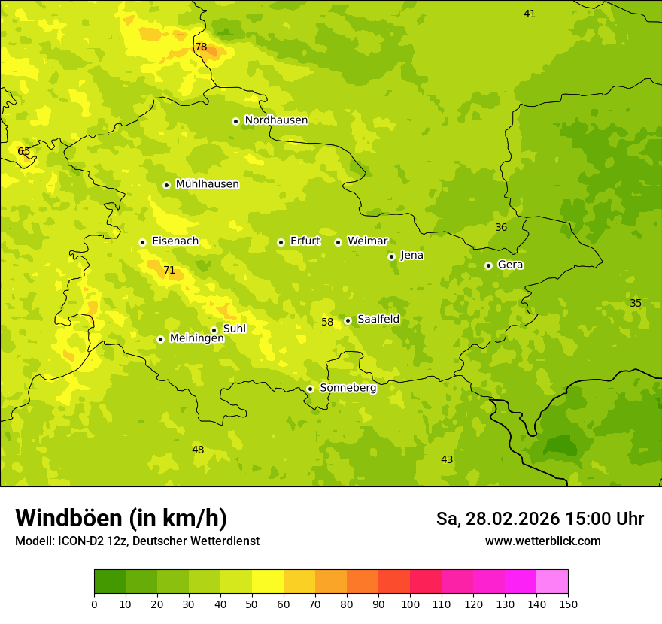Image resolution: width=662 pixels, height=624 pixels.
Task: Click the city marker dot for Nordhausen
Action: (x=235, y=121)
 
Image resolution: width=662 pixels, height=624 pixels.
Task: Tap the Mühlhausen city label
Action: (x=207, y=184)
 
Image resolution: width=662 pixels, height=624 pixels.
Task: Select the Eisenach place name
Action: (x=175, y=241)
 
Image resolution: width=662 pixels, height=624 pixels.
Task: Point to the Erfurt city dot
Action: (x=281, y=242)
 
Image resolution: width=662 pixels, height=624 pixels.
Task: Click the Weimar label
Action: (x=367, y=241)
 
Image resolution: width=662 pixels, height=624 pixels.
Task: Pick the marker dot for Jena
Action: (x=391, y=256)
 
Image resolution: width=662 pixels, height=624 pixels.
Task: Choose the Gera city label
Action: (x=510, y=265)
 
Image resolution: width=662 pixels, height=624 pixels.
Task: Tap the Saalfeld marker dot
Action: (x=348, y=320)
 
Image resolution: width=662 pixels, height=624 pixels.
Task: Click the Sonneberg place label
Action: (x=348, y=388)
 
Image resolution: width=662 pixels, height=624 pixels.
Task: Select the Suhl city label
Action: (x=234, y=329)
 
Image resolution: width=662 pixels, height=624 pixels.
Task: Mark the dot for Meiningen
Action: (x=160, y=339)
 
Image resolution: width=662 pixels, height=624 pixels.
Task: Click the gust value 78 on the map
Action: (x=201, y=47)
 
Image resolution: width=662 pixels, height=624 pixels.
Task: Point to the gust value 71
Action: (x=169, y=270)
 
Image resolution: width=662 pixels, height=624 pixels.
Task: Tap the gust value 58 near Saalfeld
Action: (x=327, y=322)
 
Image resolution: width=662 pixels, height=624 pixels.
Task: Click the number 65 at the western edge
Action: (x=24, y=151)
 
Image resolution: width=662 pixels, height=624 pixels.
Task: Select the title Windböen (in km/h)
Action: (x=121, y=518)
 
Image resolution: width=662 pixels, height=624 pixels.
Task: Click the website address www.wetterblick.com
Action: (x=542, y=541)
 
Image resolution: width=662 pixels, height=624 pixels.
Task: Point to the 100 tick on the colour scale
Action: (x=410, y=604)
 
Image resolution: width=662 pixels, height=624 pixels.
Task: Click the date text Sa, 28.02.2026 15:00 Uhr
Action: (x=540, y=519)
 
